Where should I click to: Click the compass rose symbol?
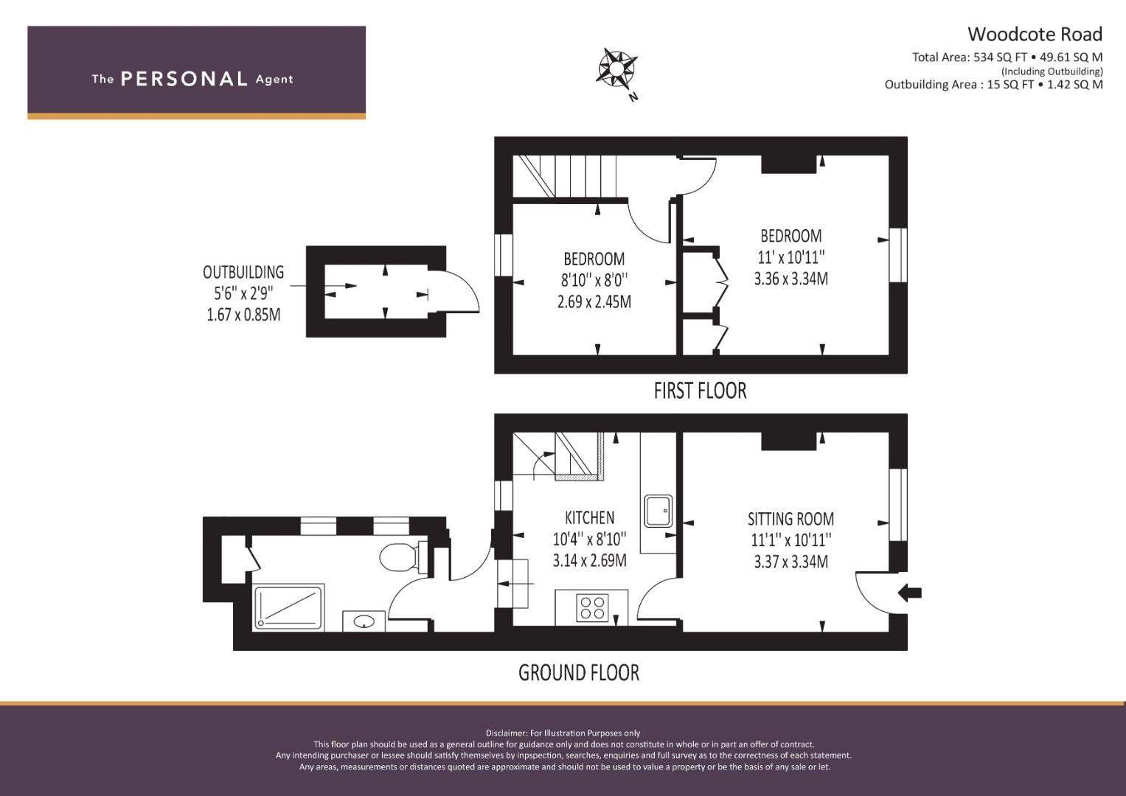click(x=616, y=69)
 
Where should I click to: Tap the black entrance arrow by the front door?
click(x=910, y=593)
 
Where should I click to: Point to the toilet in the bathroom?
click(x=399, y=557)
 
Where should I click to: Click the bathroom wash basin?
click(x=364, y=621)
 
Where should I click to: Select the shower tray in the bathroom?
click(x=288, y=608)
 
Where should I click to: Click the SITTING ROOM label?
click(x=790, y=519)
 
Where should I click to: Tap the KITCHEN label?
click(x=589, y=517)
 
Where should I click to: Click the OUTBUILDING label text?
click(x=243, y=273)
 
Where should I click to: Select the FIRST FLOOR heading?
click(x=700, y=391)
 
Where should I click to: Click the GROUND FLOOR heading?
click(x=579, y=673)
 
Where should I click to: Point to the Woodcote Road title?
click(x=1035, y=35)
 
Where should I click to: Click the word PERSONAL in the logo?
click(x=184, y=80)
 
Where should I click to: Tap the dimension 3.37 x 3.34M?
click(x=790, y=562)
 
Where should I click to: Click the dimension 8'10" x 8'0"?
click(x=594, y=281)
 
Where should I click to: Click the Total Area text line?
click(x=1007, y=57)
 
